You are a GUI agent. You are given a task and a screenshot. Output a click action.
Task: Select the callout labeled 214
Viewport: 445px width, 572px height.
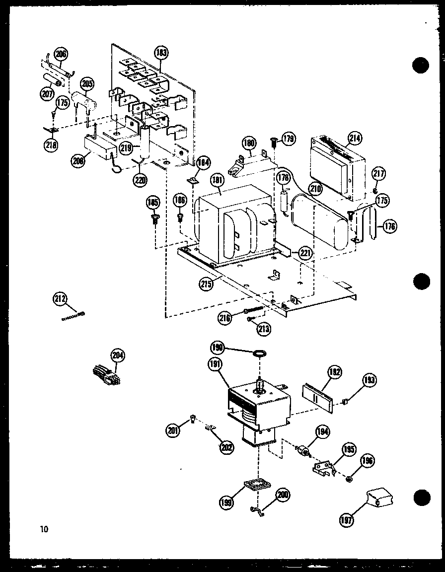[x=355, y=139]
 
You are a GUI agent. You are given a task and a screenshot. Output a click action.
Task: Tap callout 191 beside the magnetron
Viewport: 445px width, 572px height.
[x=215, y=364]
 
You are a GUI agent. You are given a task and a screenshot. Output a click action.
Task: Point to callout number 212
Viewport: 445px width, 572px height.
[x=60, y=299]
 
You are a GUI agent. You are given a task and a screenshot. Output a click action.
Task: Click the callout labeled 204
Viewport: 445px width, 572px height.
[x=118, y=356]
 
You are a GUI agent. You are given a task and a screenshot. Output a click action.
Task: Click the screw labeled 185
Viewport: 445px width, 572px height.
[x=155, y=218]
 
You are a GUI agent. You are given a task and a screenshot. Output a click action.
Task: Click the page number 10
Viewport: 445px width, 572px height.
[x=45, y=528]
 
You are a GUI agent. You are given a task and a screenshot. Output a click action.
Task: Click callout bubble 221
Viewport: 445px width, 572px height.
[x=305, y=253]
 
